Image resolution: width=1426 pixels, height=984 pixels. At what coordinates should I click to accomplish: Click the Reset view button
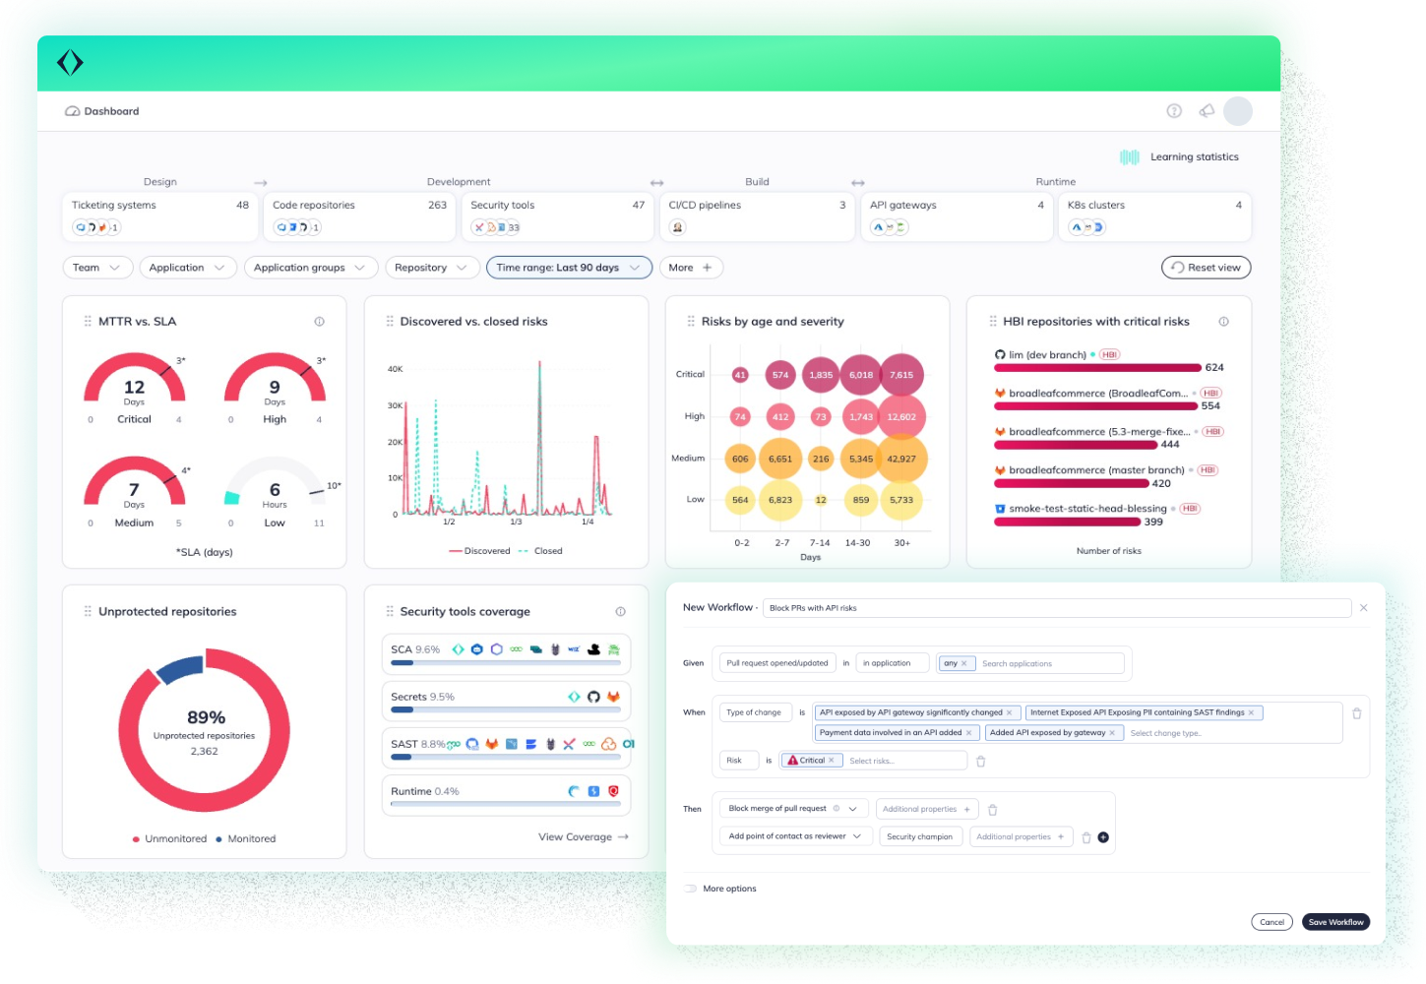pos(1206,268)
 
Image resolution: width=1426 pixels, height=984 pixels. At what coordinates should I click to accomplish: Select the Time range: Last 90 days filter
pos(568,268)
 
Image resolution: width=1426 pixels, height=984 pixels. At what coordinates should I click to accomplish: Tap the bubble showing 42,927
pos(900,459)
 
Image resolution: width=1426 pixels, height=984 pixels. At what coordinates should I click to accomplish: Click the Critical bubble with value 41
pos(740,375)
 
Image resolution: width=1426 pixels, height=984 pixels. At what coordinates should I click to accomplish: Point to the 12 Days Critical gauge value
pos(134,388)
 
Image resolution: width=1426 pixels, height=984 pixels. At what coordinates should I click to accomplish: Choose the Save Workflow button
pos(1335,922)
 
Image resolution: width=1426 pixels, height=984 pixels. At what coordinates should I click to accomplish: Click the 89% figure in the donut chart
pos(206,717)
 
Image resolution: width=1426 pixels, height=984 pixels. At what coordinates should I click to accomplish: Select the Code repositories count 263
pos(437,206)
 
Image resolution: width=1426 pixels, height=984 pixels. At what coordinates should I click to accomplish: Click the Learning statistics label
pos(1194,157)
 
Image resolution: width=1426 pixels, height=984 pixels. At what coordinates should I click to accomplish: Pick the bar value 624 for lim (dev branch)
pos(1214,368)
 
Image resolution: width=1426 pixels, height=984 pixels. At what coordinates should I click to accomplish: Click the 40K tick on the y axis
pos(395,369)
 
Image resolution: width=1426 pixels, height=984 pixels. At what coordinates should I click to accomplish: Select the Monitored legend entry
pos(251,839)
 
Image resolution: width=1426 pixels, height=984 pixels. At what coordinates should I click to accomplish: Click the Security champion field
pos(919,837)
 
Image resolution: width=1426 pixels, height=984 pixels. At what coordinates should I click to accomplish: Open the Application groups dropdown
pos(309,268)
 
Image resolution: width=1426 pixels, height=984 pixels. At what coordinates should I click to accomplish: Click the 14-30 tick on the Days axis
pos(857,543)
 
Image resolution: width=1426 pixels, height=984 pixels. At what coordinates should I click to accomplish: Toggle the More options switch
pos(690,889)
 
